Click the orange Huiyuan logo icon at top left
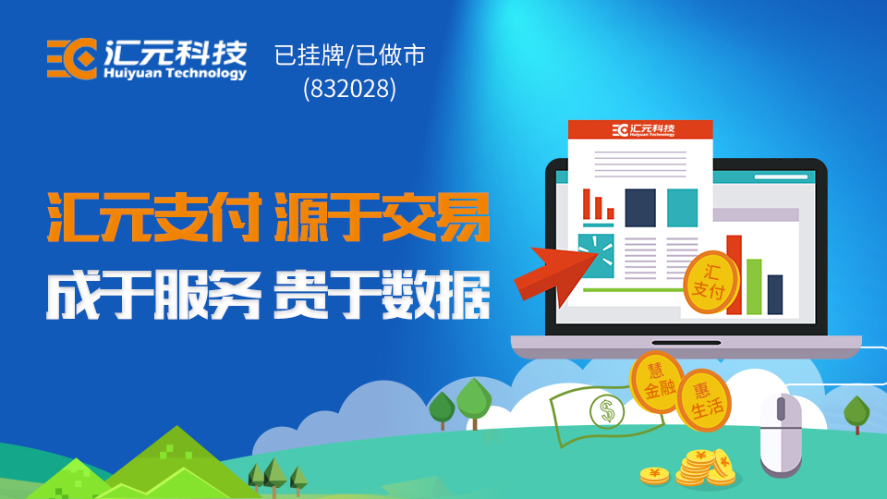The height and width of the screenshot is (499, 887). pos(72,59)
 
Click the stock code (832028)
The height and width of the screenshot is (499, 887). pos(349,89)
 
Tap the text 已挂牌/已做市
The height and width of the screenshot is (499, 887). pos(349,55)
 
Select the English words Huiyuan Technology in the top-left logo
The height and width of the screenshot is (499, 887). pos(175,74)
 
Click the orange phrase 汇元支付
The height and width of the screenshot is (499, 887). pos(154,217)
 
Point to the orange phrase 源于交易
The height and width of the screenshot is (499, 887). pos(383,217)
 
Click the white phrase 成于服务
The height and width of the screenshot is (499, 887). pos(154,296)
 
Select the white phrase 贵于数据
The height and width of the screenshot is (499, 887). pos(383,296)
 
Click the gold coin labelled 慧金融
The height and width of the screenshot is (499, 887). pos(656,382)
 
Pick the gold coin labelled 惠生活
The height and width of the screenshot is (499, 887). pos(704,400)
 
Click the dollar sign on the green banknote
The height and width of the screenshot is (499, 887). pos(608,410)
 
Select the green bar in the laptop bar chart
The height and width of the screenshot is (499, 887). pos(754,286)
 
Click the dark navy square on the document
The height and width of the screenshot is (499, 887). pos(640,208)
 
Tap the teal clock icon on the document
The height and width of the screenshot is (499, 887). pos(596,256)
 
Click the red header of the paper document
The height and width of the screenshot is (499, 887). pos(640,129)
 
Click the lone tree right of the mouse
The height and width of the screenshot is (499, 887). pos(857,414)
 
